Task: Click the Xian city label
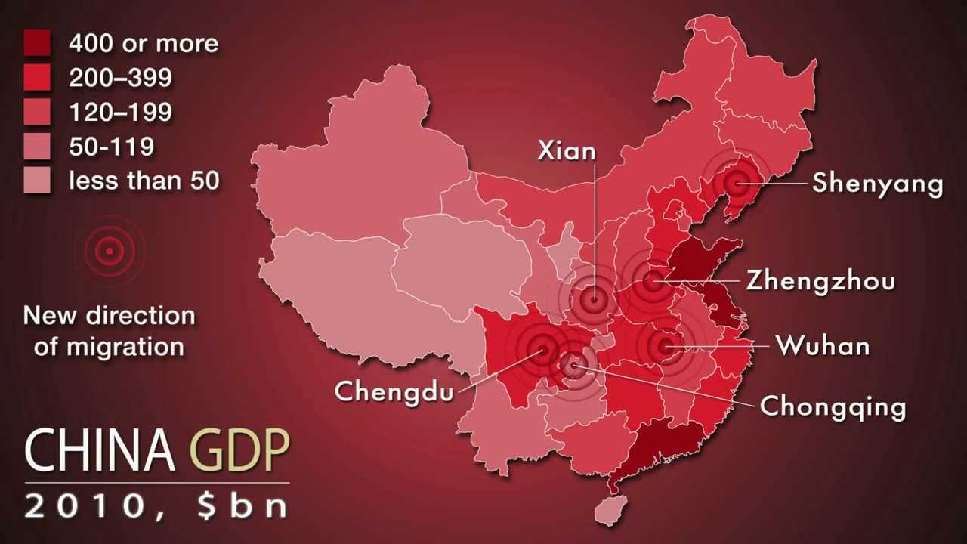click(x=567, y=151)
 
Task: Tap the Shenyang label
click(x=877, y=184)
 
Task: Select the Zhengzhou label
click(x=820, y=281)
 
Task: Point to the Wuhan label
click(x=823, y=346)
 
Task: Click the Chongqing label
click(x=833, y=406)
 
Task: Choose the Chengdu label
click(x=394, y=391)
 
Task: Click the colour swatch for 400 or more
click(x=37, y=43)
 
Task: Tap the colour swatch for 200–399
click(x=37, y=78)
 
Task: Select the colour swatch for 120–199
click(x=37, y=112)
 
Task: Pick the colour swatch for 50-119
click(x=37, y=147)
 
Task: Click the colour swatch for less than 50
click(x=37, y=181)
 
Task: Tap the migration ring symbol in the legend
click(x=110, y=251)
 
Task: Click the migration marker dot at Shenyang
click(x=735, y=183)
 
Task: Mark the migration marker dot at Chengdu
click(x=542, y=349)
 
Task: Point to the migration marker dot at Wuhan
click(x=665, y=346)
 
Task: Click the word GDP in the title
click(x=239, y=452)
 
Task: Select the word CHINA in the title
click(x=100, y=452)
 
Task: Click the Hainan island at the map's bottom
click(x=607, y=512)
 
